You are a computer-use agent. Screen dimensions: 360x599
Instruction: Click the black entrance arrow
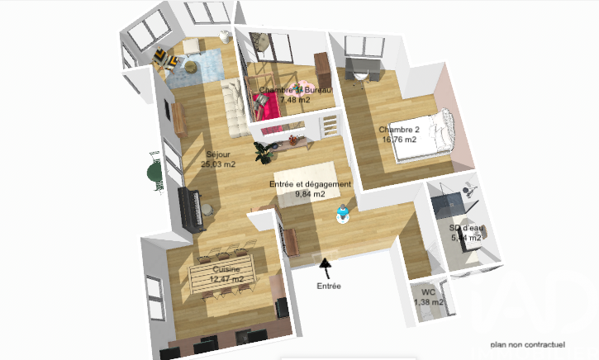[326, 267]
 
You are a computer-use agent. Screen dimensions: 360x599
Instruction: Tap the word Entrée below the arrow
[328, 286]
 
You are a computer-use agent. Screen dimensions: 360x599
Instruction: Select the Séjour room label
[218, 154]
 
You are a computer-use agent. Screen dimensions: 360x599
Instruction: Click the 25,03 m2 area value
[218, 164]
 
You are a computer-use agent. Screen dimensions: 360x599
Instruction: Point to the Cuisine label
[227, 270]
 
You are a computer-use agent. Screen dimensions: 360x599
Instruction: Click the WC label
[428, 292]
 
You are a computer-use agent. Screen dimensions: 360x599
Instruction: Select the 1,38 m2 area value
[429, 302]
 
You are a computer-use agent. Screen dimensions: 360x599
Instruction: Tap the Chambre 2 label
[399, 130]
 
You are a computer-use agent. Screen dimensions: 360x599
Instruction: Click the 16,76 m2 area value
[399, 140]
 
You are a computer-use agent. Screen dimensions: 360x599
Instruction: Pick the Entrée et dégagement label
[311, 184]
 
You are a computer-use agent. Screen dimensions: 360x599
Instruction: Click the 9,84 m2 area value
[310, 194]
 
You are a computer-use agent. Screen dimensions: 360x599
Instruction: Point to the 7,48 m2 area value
[294, 99]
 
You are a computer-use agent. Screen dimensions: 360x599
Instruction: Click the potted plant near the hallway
[264, 152]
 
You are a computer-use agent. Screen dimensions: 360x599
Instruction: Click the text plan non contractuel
[527, 344]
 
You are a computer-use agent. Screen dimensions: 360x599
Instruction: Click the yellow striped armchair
[162, 58]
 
